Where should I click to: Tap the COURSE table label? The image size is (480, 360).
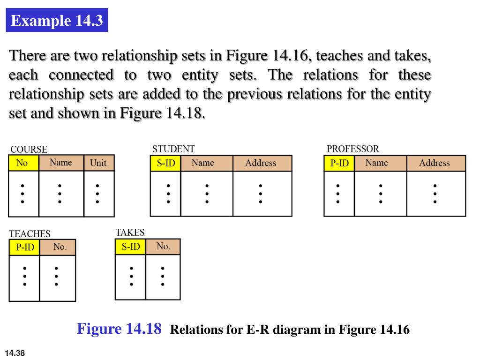point(29,150)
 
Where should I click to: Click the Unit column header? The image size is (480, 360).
point(98,163)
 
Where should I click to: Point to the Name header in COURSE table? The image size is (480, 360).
point(61,163)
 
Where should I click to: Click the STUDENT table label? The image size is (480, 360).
point(173,149)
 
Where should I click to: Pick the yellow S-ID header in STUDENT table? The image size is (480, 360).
point(165,164)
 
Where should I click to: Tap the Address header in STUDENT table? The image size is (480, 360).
point(261,163)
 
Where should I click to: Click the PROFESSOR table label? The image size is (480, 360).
point(352,149)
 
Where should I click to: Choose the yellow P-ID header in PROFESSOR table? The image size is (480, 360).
point(339,164)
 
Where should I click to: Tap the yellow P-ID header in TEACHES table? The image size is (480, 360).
point(25,247)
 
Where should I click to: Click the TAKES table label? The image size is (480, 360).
point(130,232)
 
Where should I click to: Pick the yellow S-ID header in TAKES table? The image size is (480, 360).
point(131,247)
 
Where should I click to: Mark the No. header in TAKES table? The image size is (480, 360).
point(163,247)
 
